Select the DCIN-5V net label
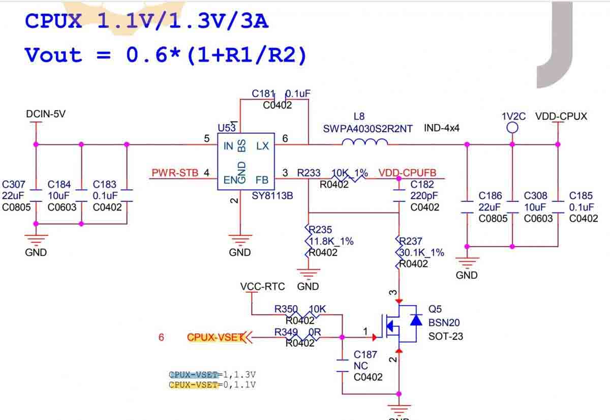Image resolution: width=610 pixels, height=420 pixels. point(46,114)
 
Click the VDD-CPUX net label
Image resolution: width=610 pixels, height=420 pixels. point(561,116)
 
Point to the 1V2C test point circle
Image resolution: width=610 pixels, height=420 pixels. point(512,128)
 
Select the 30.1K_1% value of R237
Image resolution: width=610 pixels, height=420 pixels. point(422,252)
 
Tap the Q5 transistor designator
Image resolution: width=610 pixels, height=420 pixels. point(435,309)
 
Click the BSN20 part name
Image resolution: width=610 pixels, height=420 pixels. point(444,322)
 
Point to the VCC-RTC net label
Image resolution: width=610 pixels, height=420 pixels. point(262,287)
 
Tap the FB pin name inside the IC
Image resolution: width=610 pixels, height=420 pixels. point(262,180)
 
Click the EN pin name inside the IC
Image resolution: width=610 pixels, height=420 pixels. point(230,180)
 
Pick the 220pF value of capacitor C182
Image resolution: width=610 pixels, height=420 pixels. point(424,196)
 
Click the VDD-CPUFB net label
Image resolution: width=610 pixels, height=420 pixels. point(407,173)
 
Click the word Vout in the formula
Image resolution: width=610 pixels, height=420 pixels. point(53,55)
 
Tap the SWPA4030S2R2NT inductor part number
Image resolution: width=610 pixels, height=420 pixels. point(368,129)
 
